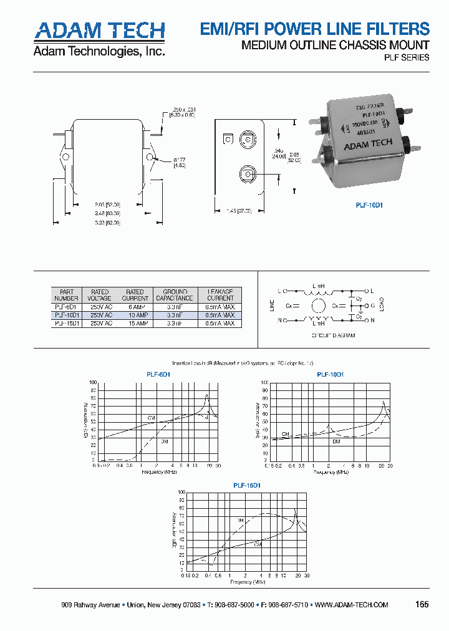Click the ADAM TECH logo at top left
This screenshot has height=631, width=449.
[x=99, y=31]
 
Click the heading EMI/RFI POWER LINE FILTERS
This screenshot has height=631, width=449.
[x=314, y=29]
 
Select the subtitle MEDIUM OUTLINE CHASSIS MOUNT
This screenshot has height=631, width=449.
[x=335, y=45]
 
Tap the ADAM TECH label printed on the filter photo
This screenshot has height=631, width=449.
[x=368, y=144]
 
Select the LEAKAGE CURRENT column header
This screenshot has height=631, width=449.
[x=220, y=295]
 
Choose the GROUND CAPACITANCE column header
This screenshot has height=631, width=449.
[x=175, y=295]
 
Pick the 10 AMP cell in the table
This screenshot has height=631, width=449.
[x=135, y=315]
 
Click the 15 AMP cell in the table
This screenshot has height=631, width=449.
[x=135, y=324]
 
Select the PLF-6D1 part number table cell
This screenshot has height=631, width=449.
[x=67, y=307]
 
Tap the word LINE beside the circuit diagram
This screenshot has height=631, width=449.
[x=271, y=306]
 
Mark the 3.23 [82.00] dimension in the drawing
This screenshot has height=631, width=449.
[x=108, y=223]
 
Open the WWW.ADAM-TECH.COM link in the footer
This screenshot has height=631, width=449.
[x=352, y=605]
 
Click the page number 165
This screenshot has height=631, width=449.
[x=422, y=604]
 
